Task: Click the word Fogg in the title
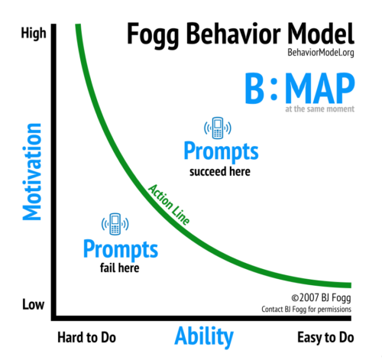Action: (153, 35)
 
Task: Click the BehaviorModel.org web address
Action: (321, 53)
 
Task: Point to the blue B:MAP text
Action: (299, 88)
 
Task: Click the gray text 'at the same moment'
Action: (319, 109)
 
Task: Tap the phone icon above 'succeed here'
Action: (218, 128)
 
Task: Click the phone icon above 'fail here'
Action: (115, 224)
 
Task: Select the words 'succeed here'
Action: (220, 171)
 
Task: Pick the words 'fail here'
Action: (119, 268)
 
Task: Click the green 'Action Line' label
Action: (169, 205)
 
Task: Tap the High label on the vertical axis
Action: (34, 34)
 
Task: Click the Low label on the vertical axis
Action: (33, 304)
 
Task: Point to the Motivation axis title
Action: (32, 172)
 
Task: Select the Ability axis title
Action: (204, 336)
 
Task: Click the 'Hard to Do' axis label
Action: (86, 338)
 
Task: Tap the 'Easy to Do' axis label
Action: (325, 338)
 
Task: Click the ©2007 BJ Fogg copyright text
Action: (321, 298)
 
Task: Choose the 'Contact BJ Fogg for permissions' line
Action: (306, 310)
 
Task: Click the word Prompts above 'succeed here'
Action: (221, 151)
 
